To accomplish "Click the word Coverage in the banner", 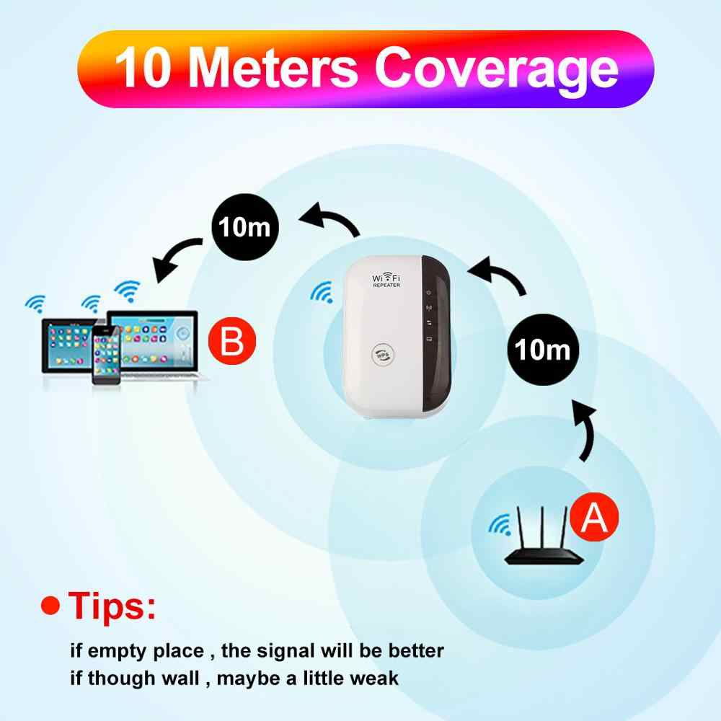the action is pyautogui.click(x=497, y=69).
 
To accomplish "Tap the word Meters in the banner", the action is pyautogui.click(x=273, y=68).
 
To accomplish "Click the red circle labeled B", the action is pyautogui.click(x=231, y=341).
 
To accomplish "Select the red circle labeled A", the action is pyautogui.click(x=594, y=516).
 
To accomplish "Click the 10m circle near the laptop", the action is pyautogui.click(x=245, y=227).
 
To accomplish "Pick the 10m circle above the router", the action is pyautogui.click(x=543, y=350).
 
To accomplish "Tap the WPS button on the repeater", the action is pyautogui.click(x=383, y=355).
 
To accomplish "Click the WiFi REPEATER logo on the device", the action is pyautogui.click(x=386, y=280).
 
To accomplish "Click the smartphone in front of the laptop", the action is pyautogui.click(x=106, y=355).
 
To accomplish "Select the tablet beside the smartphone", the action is pyautogui.click(x=68, y=345).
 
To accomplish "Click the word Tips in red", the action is pyautogui.click(x=112, y=606).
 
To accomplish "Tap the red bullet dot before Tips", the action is pyautogui.click(x=50, y=606).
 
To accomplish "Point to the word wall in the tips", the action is pyautogui.click(x=181, y=678).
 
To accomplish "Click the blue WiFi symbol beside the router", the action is pyautogui.click(x=500, y=525).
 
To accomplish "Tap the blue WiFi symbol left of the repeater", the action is pyautogui.click(x=322, y=293).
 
